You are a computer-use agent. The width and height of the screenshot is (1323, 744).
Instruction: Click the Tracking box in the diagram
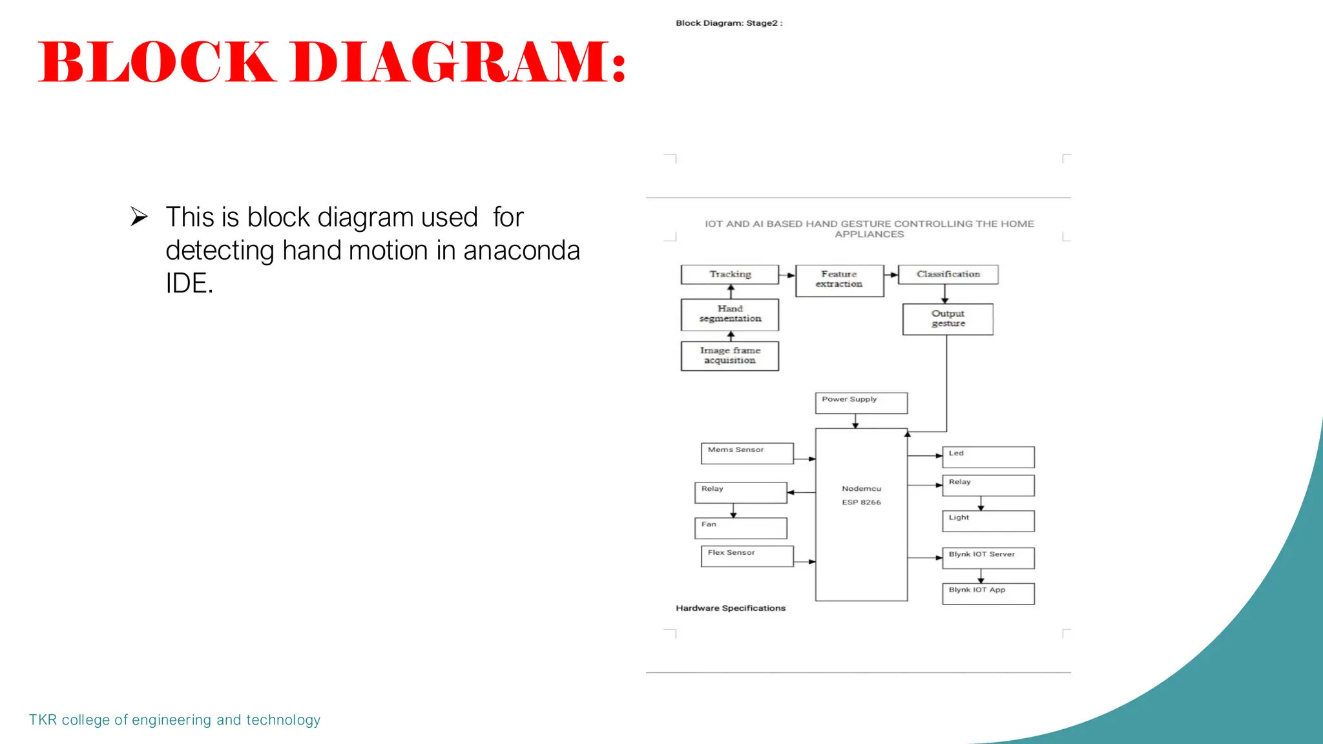point(730,274)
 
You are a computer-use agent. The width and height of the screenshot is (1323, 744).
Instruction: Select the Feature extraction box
point(839,280)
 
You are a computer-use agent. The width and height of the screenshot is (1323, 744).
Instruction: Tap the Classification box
point(948,274)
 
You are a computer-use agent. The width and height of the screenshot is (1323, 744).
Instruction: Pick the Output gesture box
point(948,319)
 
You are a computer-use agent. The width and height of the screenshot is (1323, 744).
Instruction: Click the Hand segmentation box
point(730,315)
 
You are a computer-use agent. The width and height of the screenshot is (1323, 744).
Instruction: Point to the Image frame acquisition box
point(730,356)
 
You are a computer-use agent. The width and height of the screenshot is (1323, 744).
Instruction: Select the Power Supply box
point(861,403)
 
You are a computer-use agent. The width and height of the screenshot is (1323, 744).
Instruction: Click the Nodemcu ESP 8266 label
point(861,495)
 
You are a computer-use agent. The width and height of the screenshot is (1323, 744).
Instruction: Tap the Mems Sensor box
point(747,453)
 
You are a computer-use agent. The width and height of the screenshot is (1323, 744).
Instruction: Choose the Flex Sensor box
point(747,556)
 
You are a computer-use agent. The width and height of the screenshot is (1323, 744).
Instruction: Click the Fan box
point(740,528)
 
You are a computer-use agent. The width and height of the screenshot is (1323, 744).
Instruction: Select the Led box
point(988,457)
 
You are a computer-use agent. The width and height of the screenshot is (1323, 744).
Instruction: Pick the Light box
point(988,521)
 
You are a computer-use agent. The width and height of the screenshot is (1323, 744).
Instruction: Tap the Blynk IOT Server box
point(988,557)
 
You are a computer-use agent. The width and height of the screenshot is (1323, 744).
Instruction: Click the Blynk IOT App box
point(988,594)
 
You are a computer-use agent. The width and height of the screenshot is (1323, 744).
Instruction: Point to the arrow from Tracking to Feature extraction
point(787,275)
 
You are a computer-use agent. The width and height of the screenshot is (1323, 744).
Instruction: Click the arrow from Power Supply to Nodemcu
point(855,421)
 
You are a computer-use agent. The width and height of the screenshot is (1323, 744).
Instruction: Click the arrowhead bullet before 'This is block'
point(139,216)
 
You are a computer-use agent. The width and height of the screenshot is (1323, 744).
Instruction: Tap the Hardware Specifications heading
point(731,608)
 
